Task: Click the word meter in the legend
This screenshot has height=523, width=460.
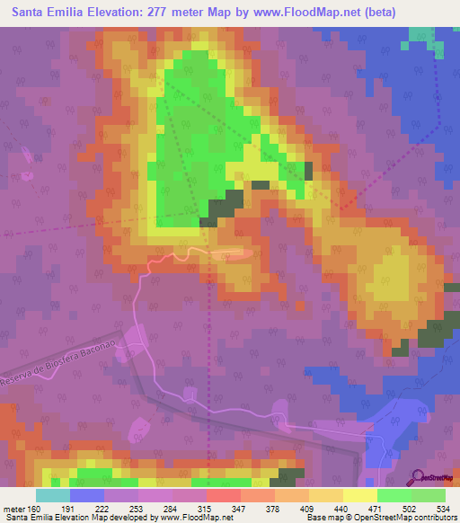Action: [x=15, y=509]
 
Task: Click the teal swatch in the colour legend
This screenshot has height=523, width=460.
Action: [x=53, y=495]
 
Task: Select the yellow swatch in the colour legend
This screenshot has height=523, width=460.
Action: [x=359, y=495]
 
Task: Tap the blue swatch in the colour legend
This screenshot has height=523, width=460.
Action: [x=87, y=495]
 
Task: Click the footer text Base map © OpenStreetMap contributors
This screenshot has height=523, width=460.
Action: [x=380, y=518]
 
